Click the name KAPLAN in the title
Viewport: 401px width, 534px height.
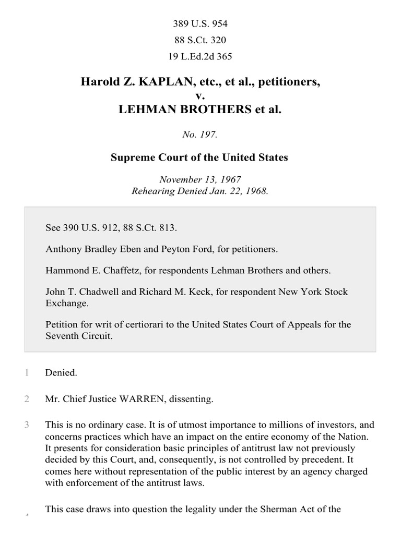(x=150, y=82)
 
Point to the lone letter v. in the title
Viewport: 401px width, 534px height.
(x=199, y=96)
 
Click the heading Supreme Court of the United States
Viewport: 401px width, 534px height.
(x=199, y=157)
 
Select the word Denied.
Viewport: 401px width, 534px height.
(x=61, y=373)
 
